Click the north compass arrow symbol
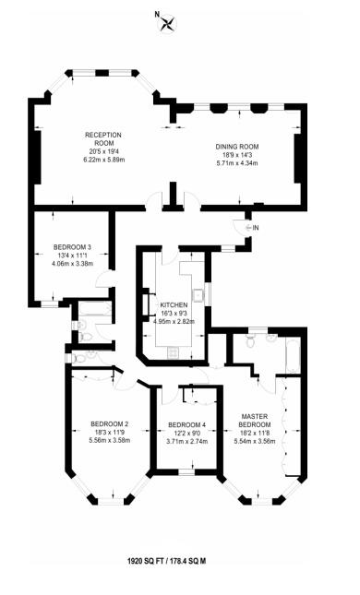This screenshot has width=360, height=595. [167, 24]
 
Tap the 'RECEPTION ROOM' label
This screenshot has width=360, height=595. [103, 139]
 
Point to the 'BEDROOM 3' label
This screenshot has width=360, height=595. [71, 247]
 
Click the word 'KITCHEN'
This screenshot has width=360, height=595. [174, 305]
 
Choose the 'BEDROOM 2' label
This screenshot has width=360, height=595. [109, 424]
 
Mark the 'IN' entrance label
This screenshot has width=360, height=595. [256, 227]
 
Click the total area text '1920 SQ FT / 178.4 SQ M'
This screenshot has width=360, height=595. [179, 559]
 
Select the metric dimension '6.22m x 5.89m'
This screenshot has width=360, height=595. [103, 161]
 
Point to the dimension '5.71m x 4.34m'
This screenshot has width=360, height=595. [237, 163]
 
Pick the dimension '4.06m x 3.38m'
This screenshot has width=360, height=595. [71, 264]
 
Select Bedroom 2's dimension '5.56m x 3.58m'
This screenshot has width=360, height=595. [109, 441]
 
